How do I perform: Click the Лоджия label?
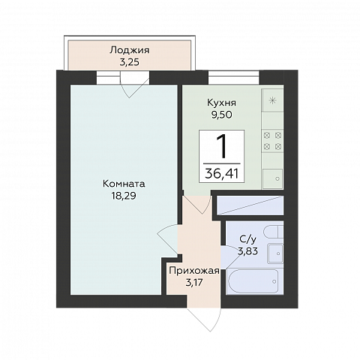click(x=130, y=50)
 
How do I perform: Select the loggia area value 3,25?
click(x=129, y=62)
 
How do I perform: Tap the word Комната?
click(x=124, y=184)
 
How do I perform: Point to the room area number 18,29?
click(x=124, y=196)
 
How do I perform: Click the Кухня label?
click(x=221, y=103)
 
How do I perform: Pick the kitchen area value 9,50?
click(x=221, y=115)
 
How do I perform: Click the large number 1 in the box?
click(x=221, y=146)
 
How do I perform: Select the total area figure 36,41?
click(x=221, y=173)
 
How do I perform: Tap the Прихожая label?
click(x=194, y=271)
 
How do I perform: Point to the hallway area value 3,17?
click(x=194, y=283)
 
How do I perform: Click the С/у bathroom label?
click(x=247, y=239)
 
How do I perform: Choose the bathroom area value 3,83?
click(x=247, y=251)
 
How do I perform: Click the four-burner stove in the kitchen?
click(x=272, y=141)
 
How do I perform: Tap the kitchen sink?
click(x=272, y=178)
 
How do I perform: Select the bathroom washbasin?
click(x=275, y=253)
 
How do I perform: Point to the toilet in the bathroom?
click(x=274, y=232)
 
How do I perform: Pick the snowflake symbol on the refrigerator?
click(x=272, y=100)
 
